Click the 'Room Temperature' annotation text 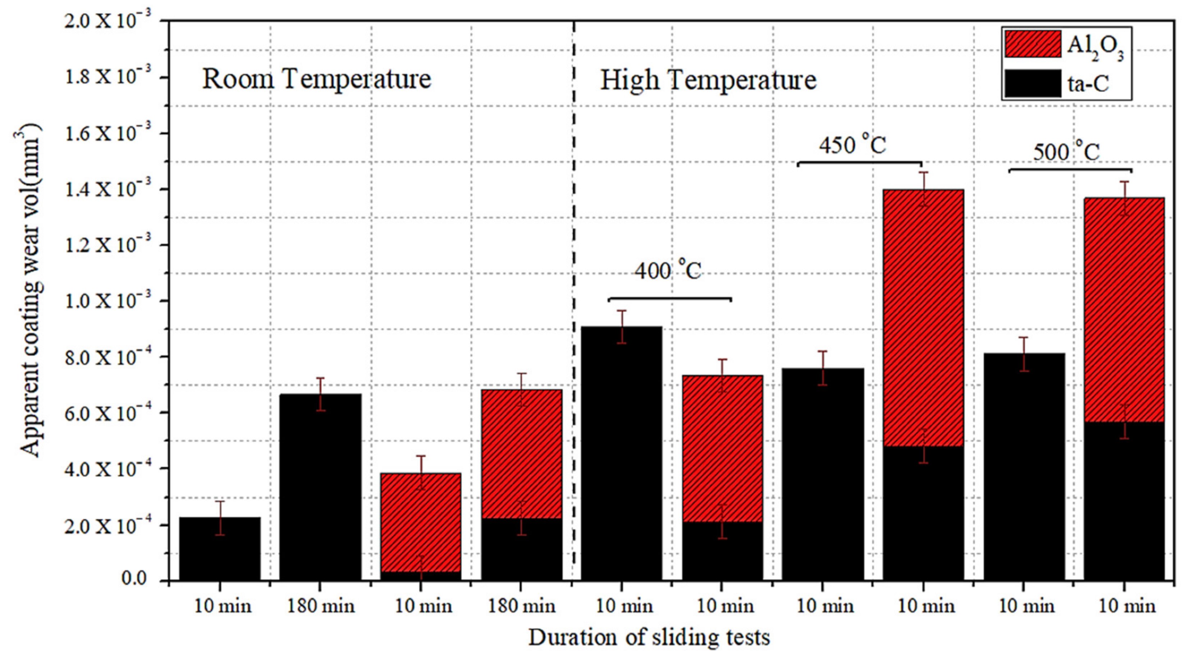tap(317, 79)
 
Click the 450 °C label tap(853, 146)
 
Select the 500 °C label tap(1066, 152)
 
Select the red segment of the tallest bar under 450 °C tap(923, 319)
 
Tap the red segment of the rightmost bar tap(1124, 310)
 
